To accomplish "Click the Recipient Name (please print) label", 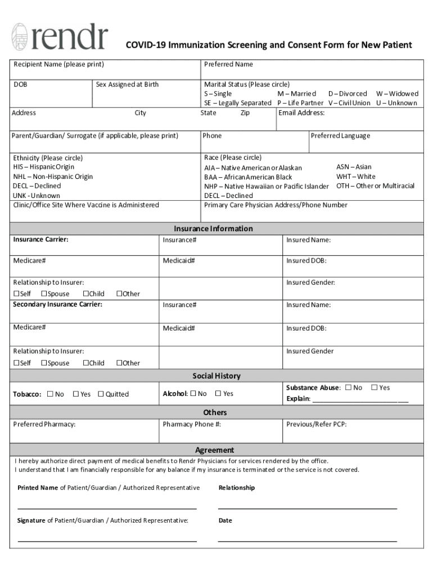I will coord(58,65).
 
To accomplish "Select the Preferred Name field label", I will coord(228,65).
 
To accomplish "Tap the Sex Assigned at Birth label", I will coord(127,85).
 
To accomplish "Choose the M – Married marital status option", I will coord(296,94).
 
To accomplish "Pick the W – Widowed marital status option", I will coord(397,94).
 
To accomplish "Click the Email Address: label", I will coord(302,113).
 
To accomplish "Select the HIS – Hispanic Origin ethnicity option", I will coord(44,167).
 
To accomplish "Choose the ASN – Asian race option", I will coord(354,167).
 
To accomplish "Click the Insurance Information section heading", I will coord(213,229).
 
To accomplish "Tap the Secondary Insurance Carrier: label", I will coord(58,305).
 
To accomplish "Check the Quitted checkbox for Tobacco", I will coord(101,394).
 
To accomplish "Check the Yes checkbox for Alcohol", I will coord(219,394).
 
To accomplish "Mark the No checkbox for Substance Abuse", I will coord(349,388).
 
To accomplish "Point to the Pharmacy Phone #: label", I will coord(192,425).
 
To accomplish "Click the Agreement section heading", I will coord(215,451).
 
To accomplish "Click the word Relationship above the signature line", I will coord(236,488).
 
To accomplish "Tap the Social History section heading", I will coord(216,376).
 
